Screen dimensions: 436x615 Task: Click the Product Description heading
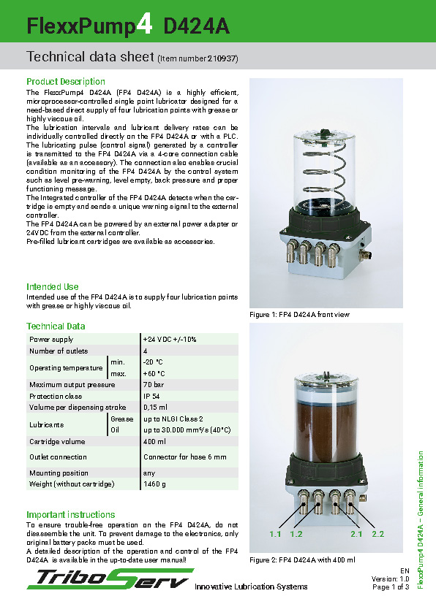[x=66, y=82]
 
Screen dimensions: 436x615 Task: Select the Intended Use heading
[x=53, y=287]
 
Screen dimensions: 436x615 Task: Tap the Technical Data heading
[x=56, y=326]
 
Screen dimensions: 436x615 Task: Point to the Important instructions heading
[x=70, y=515]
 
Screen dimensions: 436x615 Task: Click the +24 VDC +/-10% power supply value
[x=170, y=340]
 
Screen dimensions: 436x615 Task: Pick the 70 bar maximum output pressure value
[x=154, y=385]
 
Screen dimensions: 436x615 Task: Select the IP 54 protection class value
[x=152, y=396]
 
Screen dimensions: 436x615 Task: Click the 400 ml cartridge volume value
[x=154, y=442]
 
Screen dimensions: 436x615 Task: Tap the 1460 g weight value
[x=155, y=484]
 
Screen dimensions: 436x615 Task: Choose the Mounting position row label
[x=59, y=473]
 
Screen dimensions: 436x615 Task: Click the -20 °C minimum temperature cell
[x=153, y=362]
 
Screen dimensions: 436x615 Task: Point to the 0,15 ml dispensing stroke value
[x=156, y=407]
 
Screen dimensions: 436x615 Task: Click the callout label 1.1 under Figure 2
[x=275, y=535]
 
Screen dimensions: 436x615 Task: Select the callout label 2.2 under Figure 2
[x=377, y=535]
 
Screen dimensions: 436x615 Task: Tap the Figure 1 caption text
[x=300, y=315]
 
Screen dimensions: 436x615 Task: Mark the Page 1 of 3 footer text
[x=391, y=587]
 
